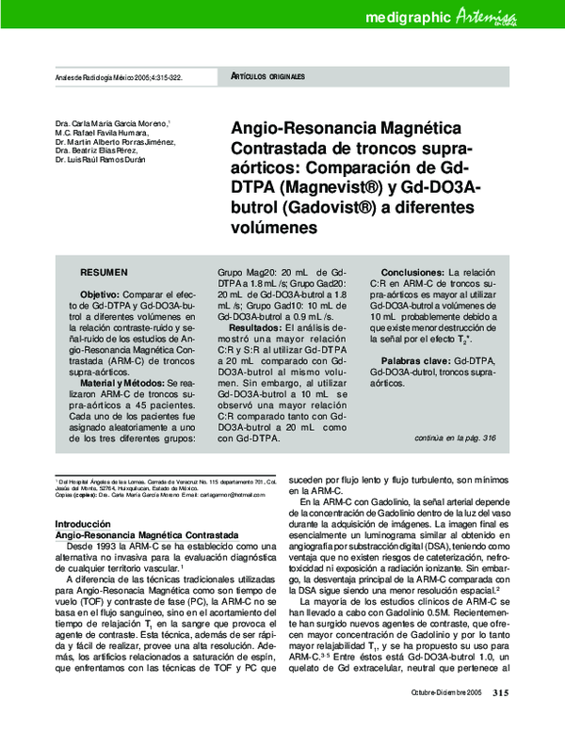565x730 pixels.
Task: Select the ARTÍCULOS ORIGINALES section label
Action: coord(267,74)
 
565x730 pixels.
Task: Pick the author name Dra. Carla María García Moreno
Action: coord(112,124)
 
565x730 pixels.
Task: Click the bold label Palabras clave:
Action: coord(415,361)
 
